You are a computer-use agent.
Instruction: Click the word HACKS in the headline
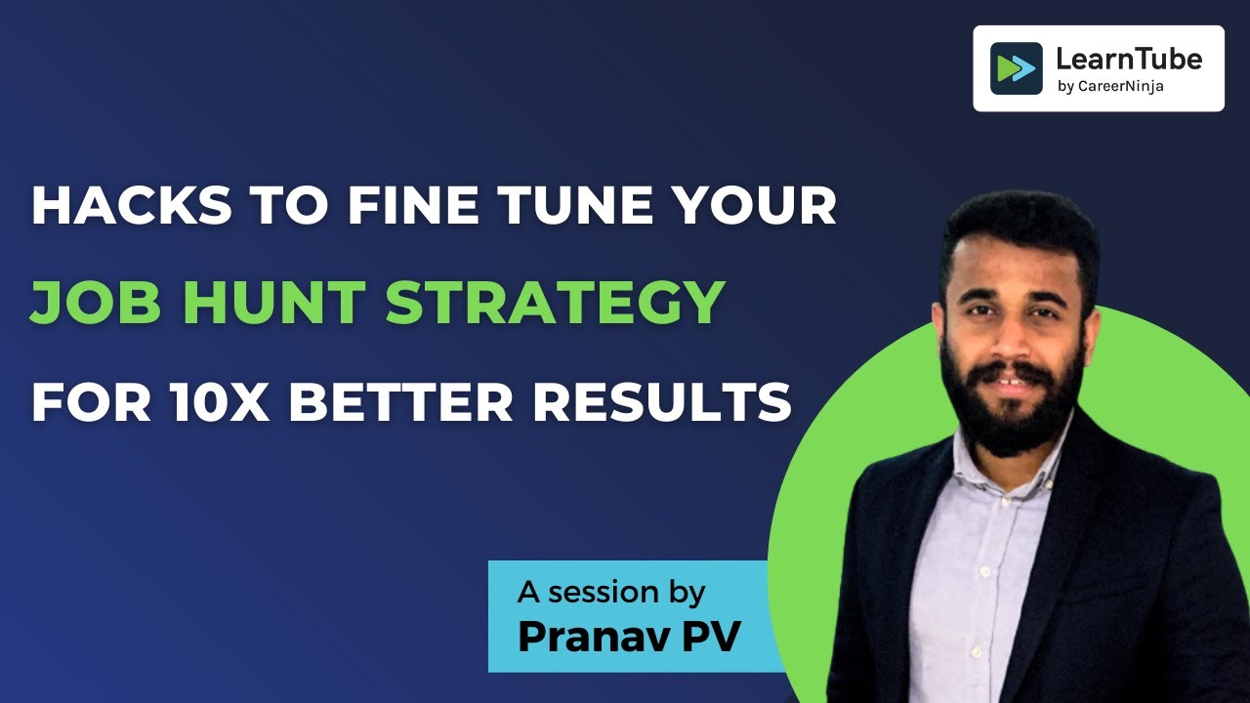point(132,205)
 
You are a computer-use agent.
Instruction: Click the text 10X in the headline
point(220,401)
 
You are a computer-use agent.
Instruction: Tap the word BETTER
point(400,401)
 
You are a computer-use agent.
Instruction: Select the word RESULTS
point(662,401)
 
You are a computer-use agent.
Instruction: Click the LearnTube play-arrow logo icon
point(1017,68)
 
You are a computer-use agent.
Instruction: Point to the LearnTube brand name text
point(1129,60)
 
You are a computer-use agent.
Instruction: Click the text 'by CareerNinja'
point(1110,87)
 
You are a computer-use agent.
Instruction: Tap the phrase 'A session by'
point(611,593)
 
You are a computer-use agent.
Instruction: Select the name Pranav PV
point(630,636)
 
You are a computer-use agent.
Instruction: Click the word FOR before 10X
point(91,401)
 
